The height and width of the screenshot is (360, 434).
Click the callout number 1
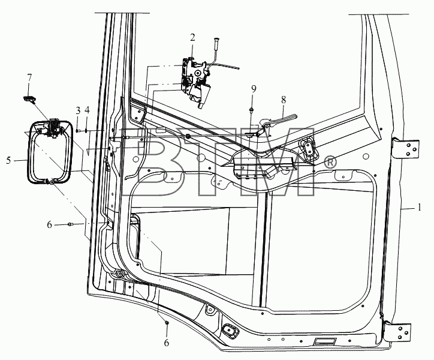[420, 207]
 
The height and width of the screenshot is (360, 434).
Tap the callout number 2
[192, 37]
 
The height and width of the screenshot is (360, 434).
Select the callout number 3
[78, 110]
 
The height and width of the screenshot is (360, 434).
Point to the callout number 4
[87, 110]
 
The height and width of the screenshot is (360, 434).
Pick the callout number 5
[8, 160]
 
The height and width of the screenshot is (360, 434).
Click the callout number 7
[29, 78]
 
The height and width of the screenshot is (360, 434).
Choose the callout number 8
[284, 100]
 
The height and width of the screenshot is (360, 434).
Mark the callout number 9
[254, 89]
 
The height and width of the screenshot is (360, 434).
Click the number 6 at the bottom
[167, 343]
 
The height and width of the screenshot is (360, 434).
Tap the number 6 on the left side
[49, 224]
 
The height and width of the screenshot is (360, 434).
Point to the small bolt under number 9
[252, 110]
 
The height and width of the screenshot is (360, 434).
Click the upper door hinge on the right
[405, 149]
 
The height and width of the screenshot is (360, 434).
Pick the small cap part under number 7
[29, 98]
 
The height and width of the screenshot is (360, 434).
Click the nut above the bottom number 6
[167, 323]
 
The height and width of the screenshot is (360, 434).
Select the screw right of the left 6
[70, 224]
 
